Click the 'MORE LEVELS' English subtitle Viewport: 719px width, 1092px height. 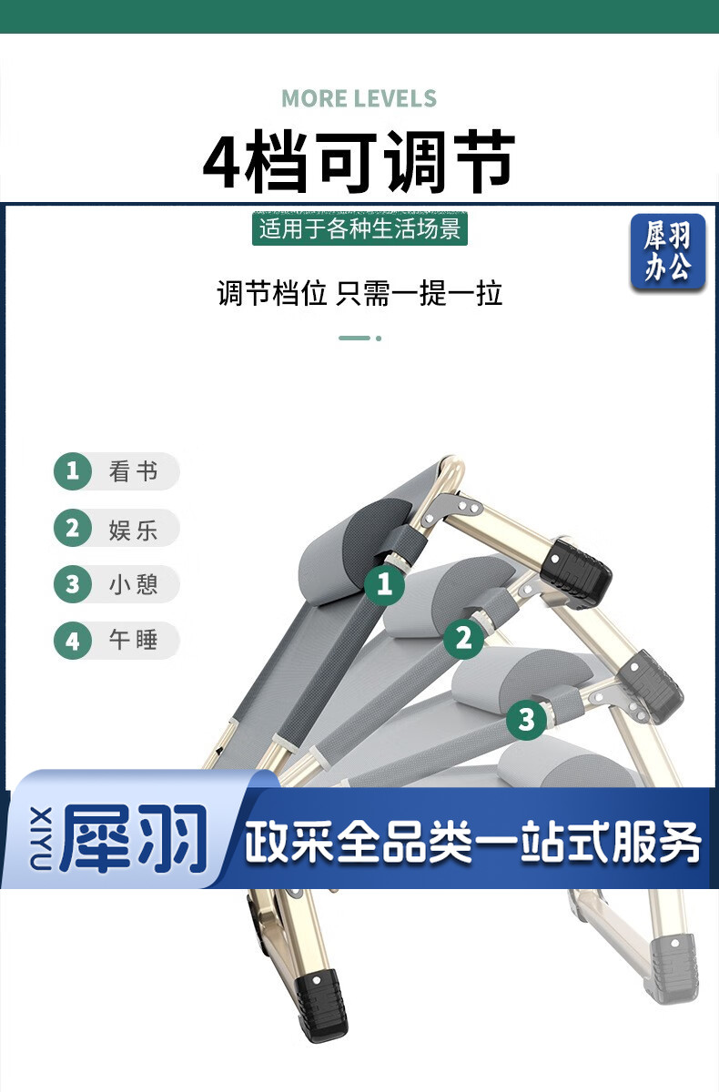pos(359,98)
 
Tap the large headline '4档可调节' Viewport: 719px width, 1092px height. pos(359,160)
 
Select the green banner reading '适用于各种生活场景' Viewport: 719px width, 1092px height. pos(359,228)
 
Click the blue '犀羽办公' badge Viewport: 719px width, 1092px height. pos(668,251)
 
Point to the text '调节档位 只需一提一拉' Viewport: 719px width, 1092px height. pos(359,293)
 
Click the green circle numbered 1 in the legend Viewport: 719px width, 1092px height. pos(73,471)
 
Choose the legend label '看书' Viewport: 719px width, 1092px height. pos(133,471)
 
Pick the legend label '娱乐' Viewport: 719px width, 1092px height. pos(133,530)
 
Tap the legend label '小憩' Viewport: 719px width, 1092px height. pos(133,584)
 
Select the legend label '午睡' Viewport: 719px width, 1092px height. pos(133,640)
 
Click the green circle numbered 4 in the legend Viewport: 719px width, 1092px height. pos(73,641)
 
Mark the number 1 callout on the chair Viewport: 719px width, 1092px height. pos(385,584)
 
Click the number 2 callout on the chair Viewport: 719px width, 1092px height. pos(463,638)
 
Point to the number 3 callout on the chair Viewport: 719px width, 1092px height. pos(526,720)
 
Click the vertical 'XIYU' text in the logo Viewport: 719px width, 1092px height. pos(41,838)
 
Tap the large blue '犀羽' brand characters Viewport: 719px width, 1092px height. pos(134,838)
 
